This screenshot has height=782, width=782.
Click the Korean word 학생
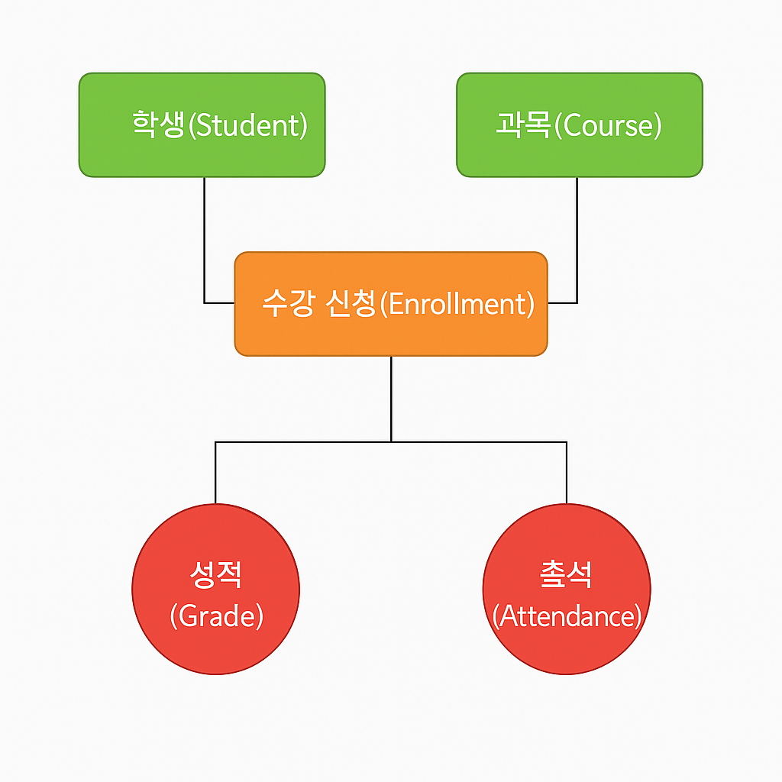[159, 124]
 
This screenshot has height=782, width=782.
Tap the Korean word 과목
[523, 124]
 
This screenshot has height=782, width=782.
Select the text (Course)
[607, 125]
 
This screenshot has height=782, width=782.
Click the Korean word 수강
[286, 304]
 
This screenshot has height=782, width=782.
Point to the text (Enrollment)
[457, 304]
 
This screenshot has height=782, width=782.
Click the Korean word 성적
[215, 574]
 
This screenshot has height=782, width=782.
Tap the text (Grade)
[216, 616]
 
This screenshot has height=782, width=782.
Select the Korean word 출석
[566, 574]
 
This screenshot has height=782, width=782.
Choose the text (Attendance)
[567, 616]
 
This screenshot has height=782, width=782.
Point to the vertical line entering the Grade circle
[215, 473]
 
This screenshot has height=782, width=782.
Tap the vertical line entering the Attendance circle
[566, 473]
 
